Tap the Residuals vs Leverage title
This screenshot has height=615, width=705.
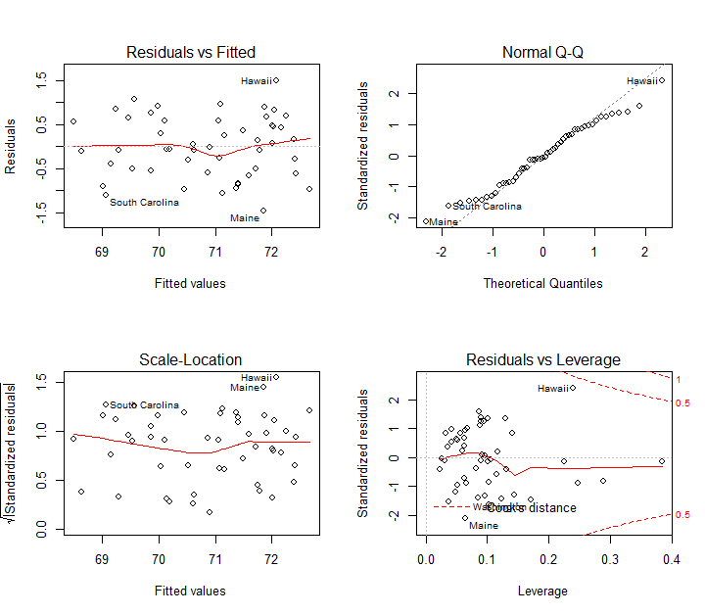tap(542, 359)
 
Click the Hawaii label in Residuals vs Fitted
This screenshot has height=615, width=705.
tap(256, 80)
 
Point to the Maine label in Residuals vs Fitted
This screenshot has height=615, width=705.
tap(245, 217)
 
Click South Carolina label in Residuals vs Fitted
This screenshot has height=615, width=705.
tap(144, 202)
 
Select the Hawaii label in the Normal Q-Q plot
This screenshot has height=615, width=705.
tap(642, 80)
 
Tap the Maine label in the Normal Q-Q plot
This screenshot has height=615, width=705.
tap(444, 222)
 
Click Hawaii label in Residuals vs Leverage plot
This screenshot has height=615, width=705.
tap(552, 389)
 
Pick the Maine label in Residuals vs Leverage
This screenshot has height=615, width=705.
tap(484, 526)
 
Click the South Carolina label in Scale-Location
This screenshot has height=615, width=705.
tap(144, 404)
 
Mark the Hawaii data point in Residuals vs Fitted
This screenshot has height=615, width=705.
tap(276, 80)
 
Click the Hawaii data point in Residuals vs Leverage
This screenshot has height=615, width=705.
tap(573, 387)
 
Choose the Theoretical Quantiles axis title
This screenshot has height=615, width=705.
tap(542, 283)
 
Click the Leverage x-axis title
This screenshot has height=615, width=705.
tap(542, 591)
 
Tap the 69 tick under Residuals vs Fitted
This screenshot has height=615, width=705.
tap(102, 252)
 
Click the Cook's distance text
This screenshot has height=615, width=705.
tap(531, 507)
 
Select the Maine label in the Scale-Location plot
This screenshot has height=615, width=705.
tap(245, 388)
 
